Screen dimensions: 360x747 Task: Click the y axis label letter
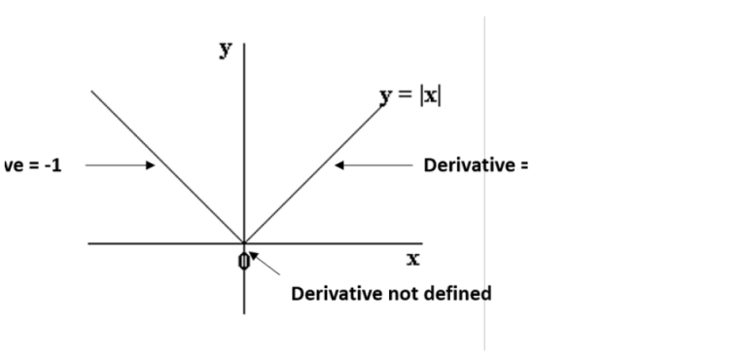pyautogui.click(x=226, y=50)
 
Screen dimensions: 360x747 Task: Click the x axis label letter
pyautogui.click(x=412, y=260)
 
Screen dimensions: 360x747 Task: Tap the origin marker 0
pyautogui.click(x=244, y=261)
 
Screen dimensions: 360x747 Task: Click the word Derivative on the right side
pyautogui.click(x=469, y=164)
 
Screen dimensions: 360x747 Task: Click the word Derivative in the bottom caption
pyautogui.click(x=332, y=293)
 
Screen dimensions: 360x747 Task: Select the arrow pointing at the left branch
pyautogui.click(x=119, y=165)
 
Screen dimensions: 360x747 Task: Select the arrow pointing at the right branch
pyautogui.click(x=374, y=165)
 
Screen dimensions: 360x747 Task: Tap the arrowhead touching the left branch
pyautogui.click(x=151, y=165)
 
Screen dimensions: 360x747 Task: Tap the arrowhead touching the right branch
pyautogui.click(x=339, y=165)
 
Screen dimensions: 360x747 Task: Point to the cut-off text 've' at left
pyautogui.click(x=14, y=164)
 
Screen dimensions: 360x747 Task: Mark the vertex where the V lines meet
pyautogui.click(x=244, y=243)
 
